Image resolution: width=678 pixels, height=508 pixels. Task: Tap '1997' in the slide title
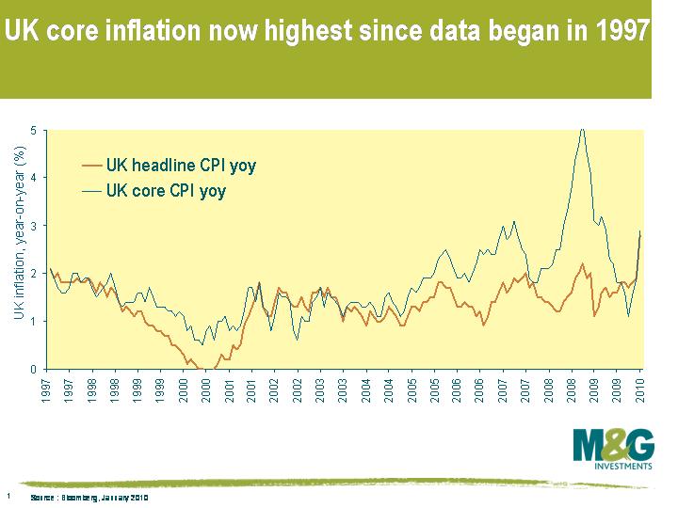pyautogui.click(x=621, y=31)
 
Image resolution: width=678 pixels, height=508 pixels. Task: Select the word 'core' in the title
pyautogui.click(x=83, y=31)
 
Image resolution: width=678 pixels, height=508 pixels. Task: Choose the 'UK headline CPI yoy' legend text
pyautogui.click(x=180, y=166)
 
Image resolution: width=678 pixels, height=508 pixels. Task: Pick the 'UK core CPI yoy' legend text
pyautogui.click(x=166, y=191)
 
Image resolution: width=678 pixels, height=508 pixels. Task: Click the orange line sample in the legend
pyautogui.click(x=91, y=167)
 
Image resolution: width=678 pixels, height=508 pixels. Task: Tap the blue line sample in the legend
pyautogui.click(x=91, y=192)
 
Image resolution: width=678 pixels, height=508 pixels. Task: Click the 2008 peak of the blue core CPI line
pyautogui.click(x=582, y=130)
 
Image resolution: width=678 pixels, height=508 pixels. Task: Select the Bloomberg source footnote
pyautogui.click(x=89, y=496)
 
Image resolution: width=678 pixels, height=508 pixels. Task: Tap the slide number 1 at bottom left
pyautogui.click(x=8, y=495)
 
